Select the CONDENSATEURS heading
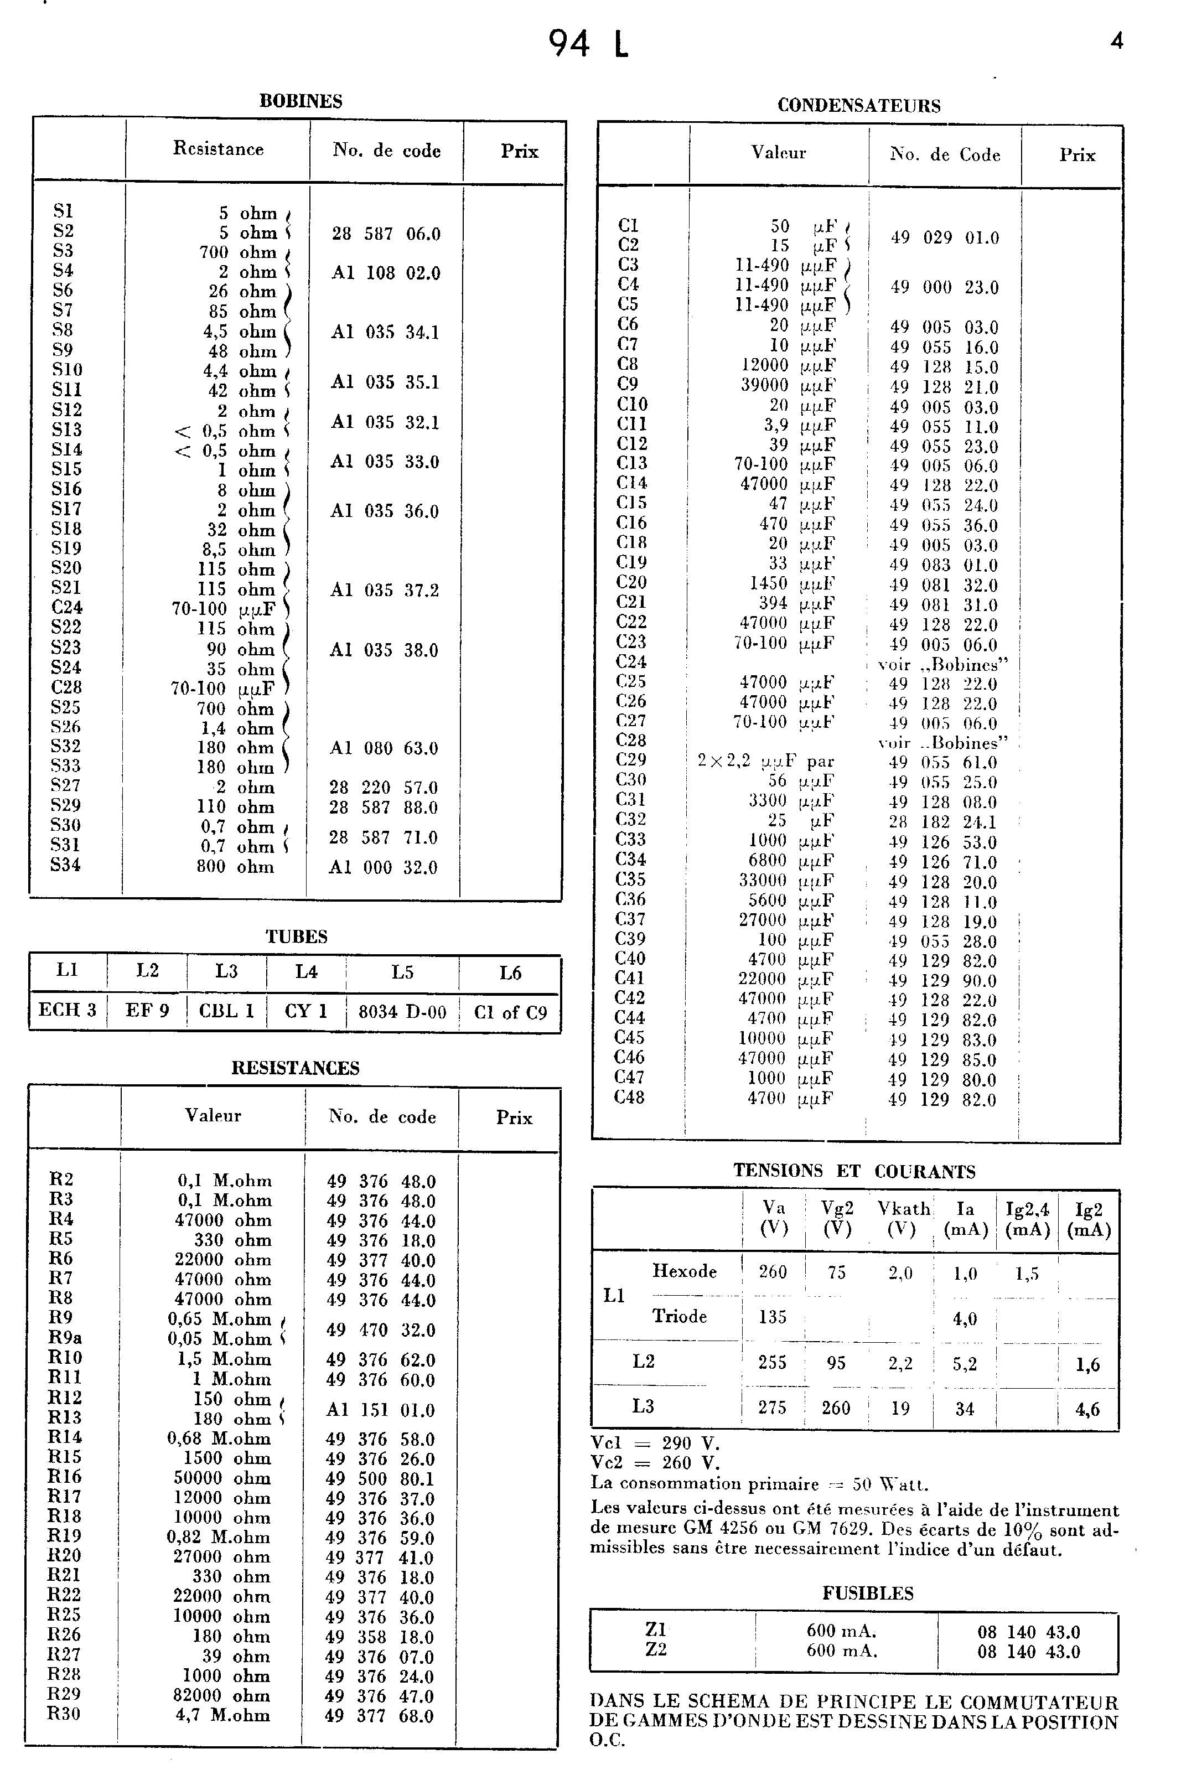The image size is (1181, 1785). (859, 106)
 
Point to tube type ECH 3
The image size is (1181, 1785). (68, 1010)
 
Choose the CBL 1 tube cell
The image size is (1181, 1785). (227, 1011)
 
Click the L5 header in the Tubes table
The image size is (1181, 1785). (402, 972)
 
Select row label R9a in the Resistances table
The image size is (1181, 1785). (65, 1338)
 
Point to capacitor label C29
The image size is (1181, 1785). (630, 760)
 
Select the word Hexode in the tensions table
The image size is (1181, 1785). (684, 1271)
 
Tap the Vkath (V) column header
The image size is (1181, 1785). (902, 1218)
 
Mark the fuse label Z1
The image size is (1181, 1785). (656, 1629)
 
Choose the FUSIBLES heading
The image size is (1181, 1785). (868, 1593)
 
